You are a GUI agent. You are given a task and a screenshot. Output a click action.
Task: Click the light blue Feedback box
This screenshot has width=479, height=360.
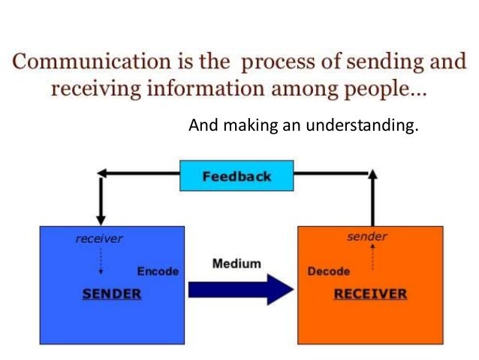pyautogui.click(x=236, y=177)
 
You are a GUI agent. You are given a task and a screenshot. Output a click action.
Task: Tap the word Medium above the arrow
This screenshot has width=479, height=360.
pyautogui.click(x=236, y=264)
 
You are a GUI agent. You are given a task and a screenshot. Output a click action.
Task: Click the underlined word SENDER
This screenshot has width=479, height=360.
pyautogui.click(x=111, y=293)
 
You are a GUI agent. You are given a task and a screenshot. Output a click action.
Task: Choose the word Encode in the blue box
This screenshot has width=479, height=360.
pyautogui.click(x=157, y=271)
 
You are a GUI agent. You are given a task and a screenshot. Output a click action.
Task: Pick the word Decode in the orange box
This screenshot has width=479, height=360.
pyautogui.click(x=329, y=271)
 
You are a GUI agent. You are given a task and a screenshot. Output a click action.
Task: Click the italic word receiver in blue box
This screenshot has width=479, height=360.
pyautogui.click(x=99, y=239)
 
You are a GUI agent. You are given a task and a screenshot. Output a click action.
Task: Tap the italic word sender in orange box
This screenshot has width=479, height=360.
pyautogui.click(x=367, y=237)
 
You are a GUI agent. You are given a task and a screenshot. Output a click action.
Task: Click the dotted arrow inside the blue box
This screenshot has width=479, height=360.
pyautogui.click(x=101, y=262)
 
